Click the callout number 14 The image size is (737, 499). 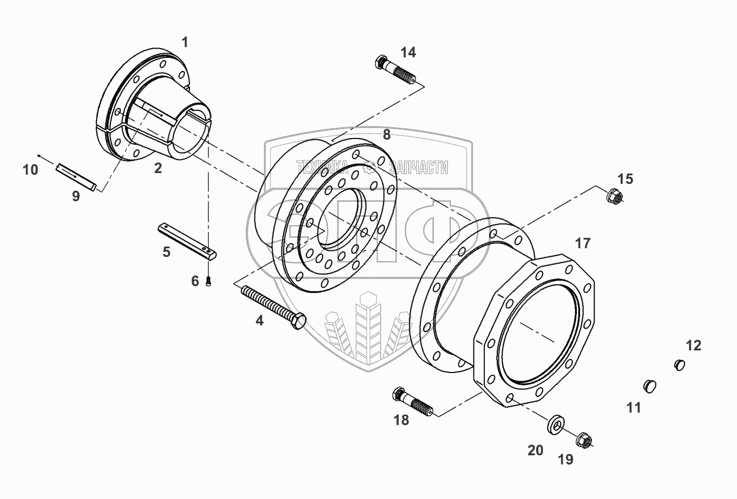pyautogui.click(x=408, y=52)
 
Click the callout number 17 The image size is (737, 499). pyautogui.click(x=583, y=243)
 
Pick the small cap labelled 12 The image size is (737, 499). pyautogui.click(x=680, y=365)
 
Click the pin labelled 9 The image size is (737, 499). pyautogui.click(x=76, y=177)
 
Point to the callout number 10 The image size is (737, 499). pyautogui.click(x=30, y=170)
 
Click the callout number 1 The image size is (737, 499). pyautogui.click(x=185, y=42)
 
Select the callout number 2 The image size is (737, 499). pyautogui.click(x=157, y=168)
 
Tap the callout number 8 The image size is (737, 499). pyautogui.click(x=386, y=135)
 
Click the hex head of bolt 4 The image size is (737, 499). pyautogui.click(x=298, y=323)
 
